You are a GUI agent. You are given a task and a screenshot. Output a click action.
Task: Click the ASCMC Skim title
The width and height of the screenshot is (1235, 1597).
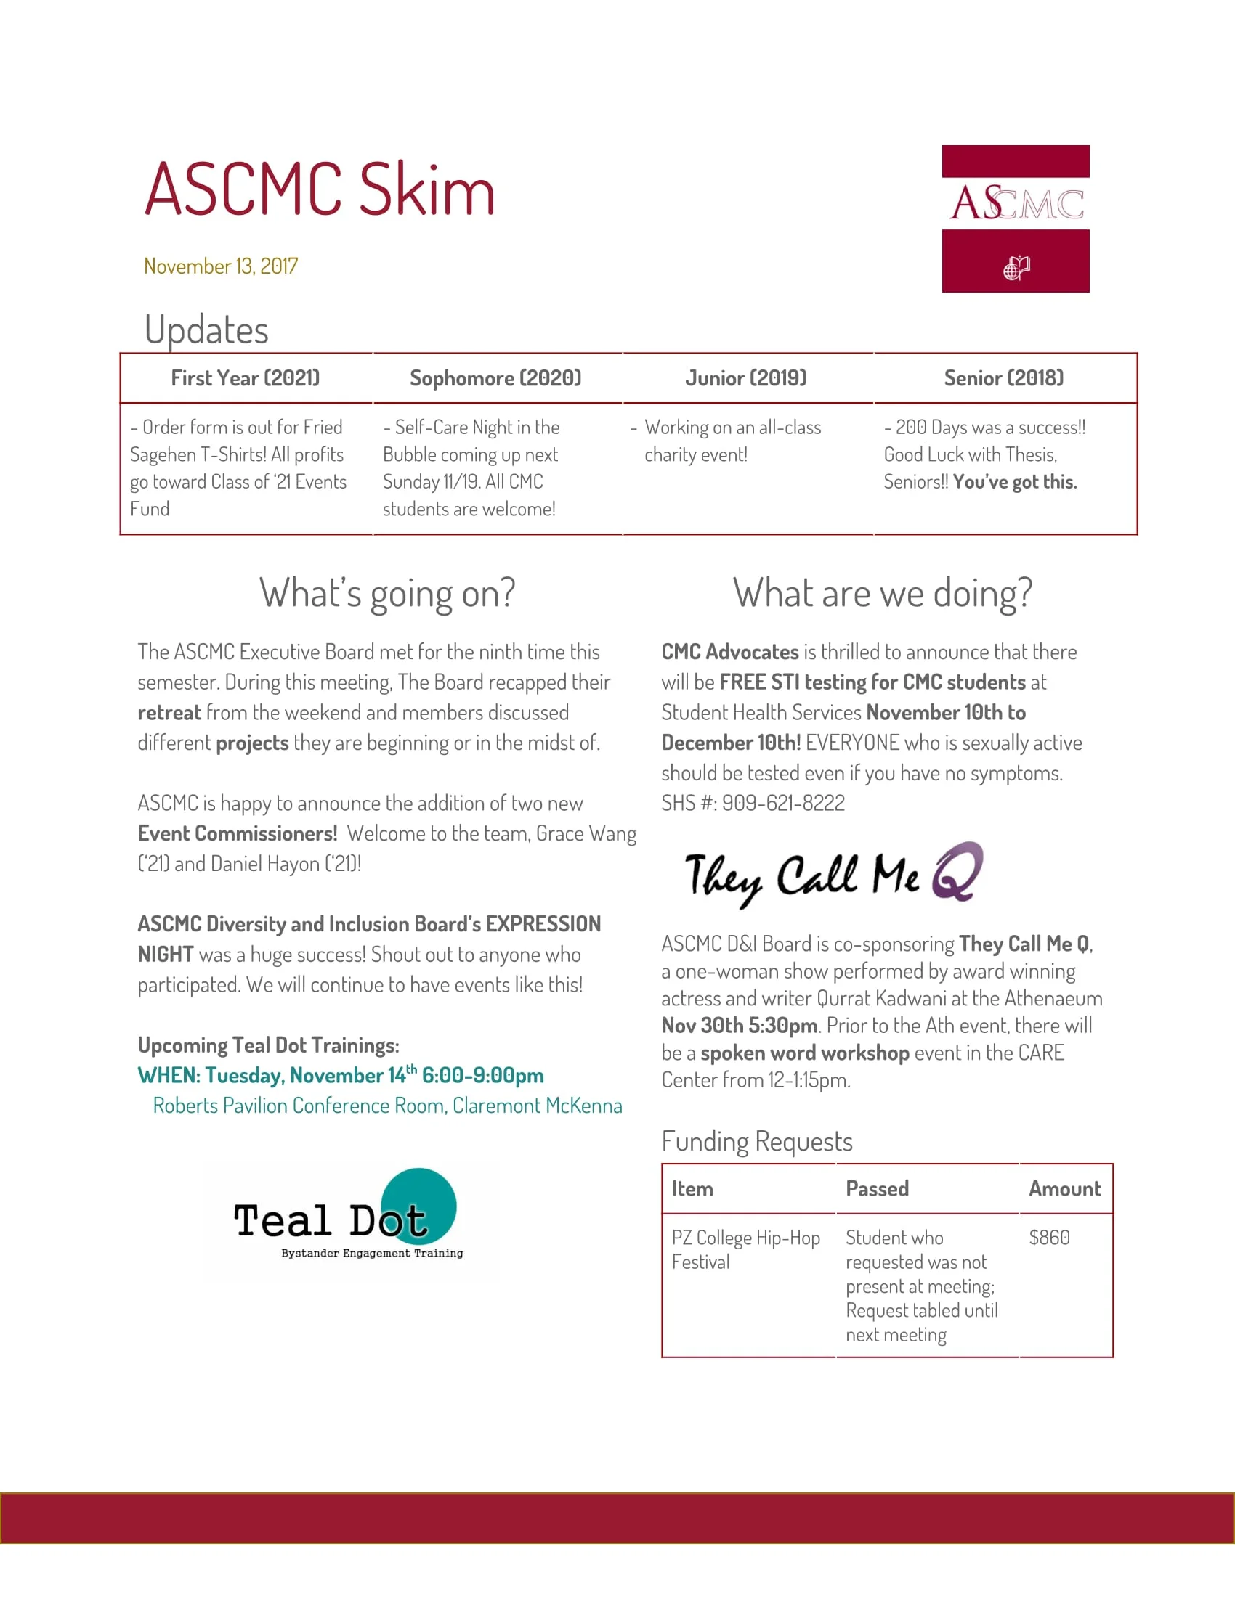point(320,189)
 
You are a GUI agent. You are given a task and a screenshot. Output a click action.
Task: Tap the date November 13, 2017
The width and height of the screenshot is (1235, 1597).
point(220,266)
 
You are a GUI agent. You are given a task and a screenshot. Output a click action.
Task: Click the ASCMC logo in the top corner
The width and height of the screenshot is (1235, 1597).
point(1015,218)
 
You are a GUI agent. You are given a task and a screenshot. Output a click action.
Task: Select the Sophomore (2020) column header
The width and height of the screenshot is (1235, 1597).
point(495,378)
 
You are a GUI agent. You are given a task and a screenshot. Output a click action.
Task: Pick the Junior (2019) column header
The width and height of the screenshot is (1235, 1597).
point(745,378)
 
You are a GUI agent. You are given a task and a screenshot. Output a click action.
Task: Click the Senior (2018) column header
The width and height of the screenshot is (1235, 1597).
point(1003,378)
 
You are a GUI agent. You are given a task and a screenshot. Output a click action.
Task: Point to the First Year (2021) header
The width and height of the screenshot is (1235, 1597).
point(245,378)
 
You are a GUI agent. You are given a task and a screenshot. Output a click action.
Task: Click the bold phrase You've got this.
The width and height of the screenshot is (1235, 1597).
point(1015,482)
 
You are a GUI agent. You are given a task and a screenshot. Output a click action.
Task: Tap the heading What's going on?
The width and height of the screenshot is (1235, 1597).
point(387,593)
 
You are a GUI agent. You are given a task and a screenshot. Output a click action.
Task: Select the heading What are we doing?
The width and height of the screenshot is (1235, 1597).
point(883,593)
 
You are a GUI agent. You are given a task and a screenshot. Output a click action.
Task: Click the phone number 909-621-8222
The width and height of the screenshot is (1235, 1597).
point(783,803)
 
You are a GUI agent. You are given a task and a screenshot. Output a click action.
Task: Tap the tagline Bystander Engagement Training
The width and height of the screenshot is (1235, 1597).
point(372,1254)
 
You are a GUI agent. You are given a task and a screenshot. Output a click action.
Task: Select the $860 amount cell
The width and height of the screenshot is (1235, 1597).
point(1049,1237)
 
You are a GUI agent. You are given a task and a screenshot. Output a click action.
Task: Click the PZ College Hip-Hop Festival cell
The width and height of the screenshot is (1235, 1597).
point(745,1250)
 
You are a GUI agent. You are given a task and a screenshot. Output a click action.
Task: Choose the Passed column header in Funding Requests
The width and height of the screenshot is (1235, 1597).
point(877,1189)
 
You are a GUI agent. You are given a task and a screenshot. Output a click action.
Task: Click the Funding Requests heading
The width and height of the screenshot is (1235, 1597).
point(756,1141)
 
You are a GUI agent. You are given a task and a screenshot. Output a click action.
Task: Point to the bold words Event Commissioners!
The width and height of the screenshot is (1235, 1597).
point(237,833)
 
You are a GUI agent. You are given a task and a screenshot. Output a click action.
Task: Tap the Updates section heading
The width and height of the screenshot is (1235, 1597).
point(206,330)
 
